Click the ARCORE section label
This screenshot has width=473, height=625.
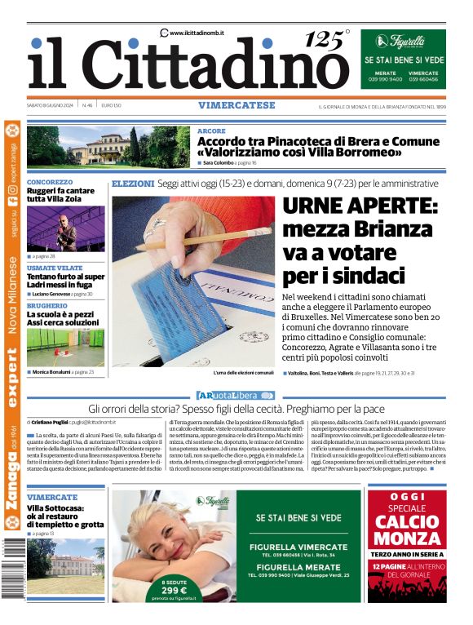click(x=211, y=131)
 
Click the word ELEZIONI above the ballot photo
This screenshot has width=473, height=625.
click(x=132, y=184)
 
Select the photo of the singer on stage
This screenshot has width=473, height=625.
click(x=65, y=228)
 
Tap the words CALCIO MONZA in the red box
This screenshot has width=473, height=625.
click(x=407, y=532)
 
